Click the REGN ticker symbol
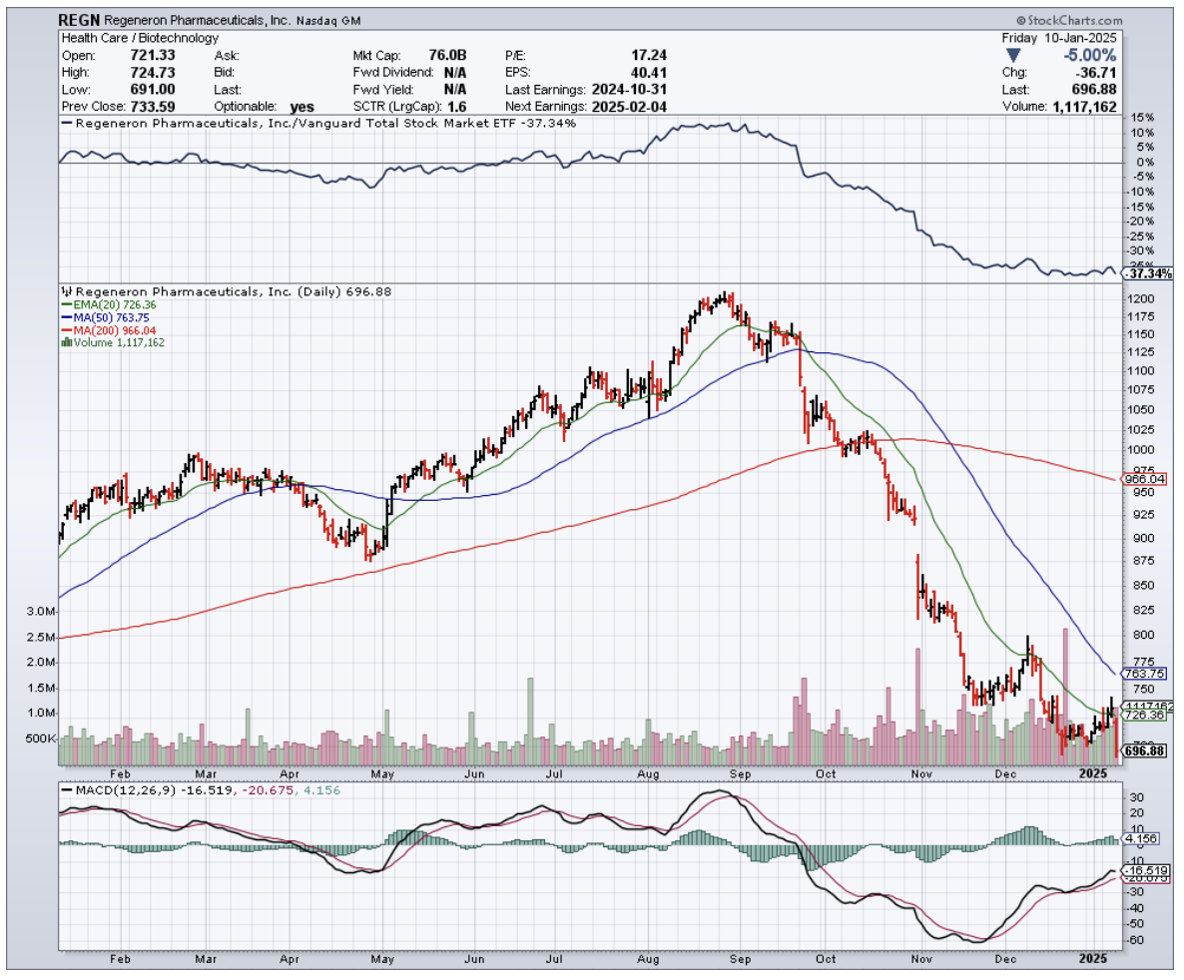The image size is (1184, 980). pyautogui.click(x=78, y=20)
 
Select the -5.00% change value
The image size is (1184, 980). pyautogui.click(x=1091, y=56)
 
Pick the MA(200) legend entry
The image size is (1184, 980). pyautogui.click(x=112, y=330)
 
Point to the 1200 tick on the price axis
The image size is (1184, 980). pyautogui.click(x=1142, y=299)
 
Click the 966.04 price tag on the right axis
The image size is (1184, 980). pyautogui.click(x=1145, y=479)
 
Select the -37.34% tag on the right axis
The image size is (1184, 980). pyautogui.click(x=1148, y=273)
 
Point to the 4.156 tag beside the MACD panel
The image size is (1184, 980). pyautogui.click(x=1140, y=839)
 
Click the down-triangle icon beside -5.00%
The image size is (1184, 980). pyautogui.click(x=1014, y=56)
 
